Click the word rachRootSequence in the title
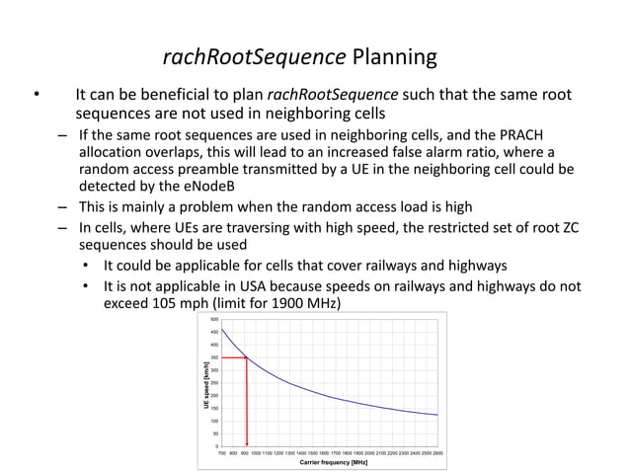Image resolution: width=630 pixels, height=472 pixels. point(254,57)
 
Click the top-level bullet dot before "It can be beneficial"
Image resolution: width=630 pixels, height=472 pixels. point(36,96)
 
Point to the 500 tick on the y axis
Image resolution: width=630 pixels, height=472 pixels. point(214,320)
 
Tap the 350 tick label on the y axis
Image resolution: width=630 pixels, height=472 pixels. point(214,357)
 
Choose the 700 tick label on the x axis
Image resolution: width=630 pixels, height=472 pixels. point(222,452)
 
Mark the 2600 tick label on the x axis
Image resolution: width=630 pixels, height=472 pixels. point(437,452)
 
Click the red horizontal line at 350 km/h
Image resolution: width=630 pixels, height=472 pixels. point(234,357)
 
